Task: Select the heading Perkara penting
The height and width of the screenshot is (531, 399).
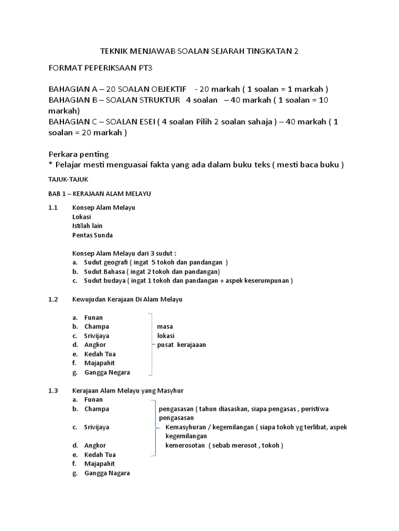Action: click(78, 155)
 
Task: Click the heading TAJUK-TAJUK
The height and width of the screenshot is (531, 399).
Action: click(68, 179)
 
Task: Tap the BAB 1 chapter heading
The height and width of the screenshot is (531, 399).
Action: click(99, 193)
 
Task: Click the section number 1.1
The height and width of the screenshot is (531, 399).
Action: click(52, 207)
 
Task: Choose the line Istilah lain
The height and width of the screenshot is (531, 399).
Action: click(87, 226)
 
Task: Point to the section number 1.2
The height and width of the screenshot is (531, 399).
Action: click(52, 299)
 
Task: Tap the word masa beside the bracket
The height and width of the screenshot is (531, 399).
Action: click(165, 327)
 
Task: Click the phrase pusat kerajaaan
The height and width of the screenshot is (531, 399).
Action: click(181, 345)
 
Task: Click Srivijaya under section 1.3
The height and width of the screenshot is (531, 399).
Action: click(97, 427)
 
